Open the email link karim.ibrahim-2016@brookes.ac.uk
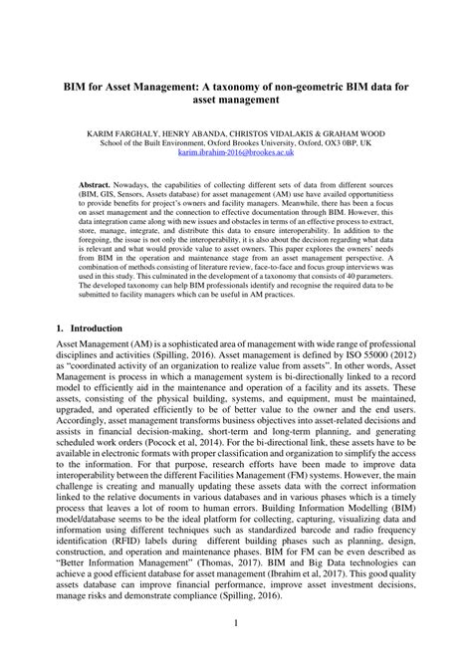click(x=235, y=154)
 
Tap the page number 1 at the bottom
click(x=235, y=623)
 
